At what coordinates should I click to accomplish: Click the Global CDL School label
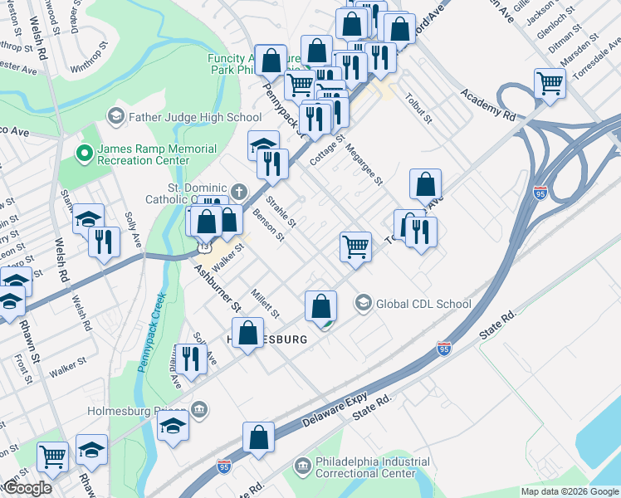(423, 304)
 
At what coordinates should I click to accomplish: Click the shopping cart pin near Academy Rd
(550, 84)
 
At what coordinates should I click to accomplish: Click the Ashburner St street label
(218, 288)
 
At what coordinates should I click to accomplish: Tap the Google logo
(27, 488)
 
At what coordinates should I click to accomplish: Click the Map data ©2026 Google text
(569, 491)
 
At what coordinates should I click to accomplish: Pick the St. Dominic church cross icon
(239, 191)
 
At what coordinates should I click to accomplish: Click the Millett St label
(266, 303)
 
